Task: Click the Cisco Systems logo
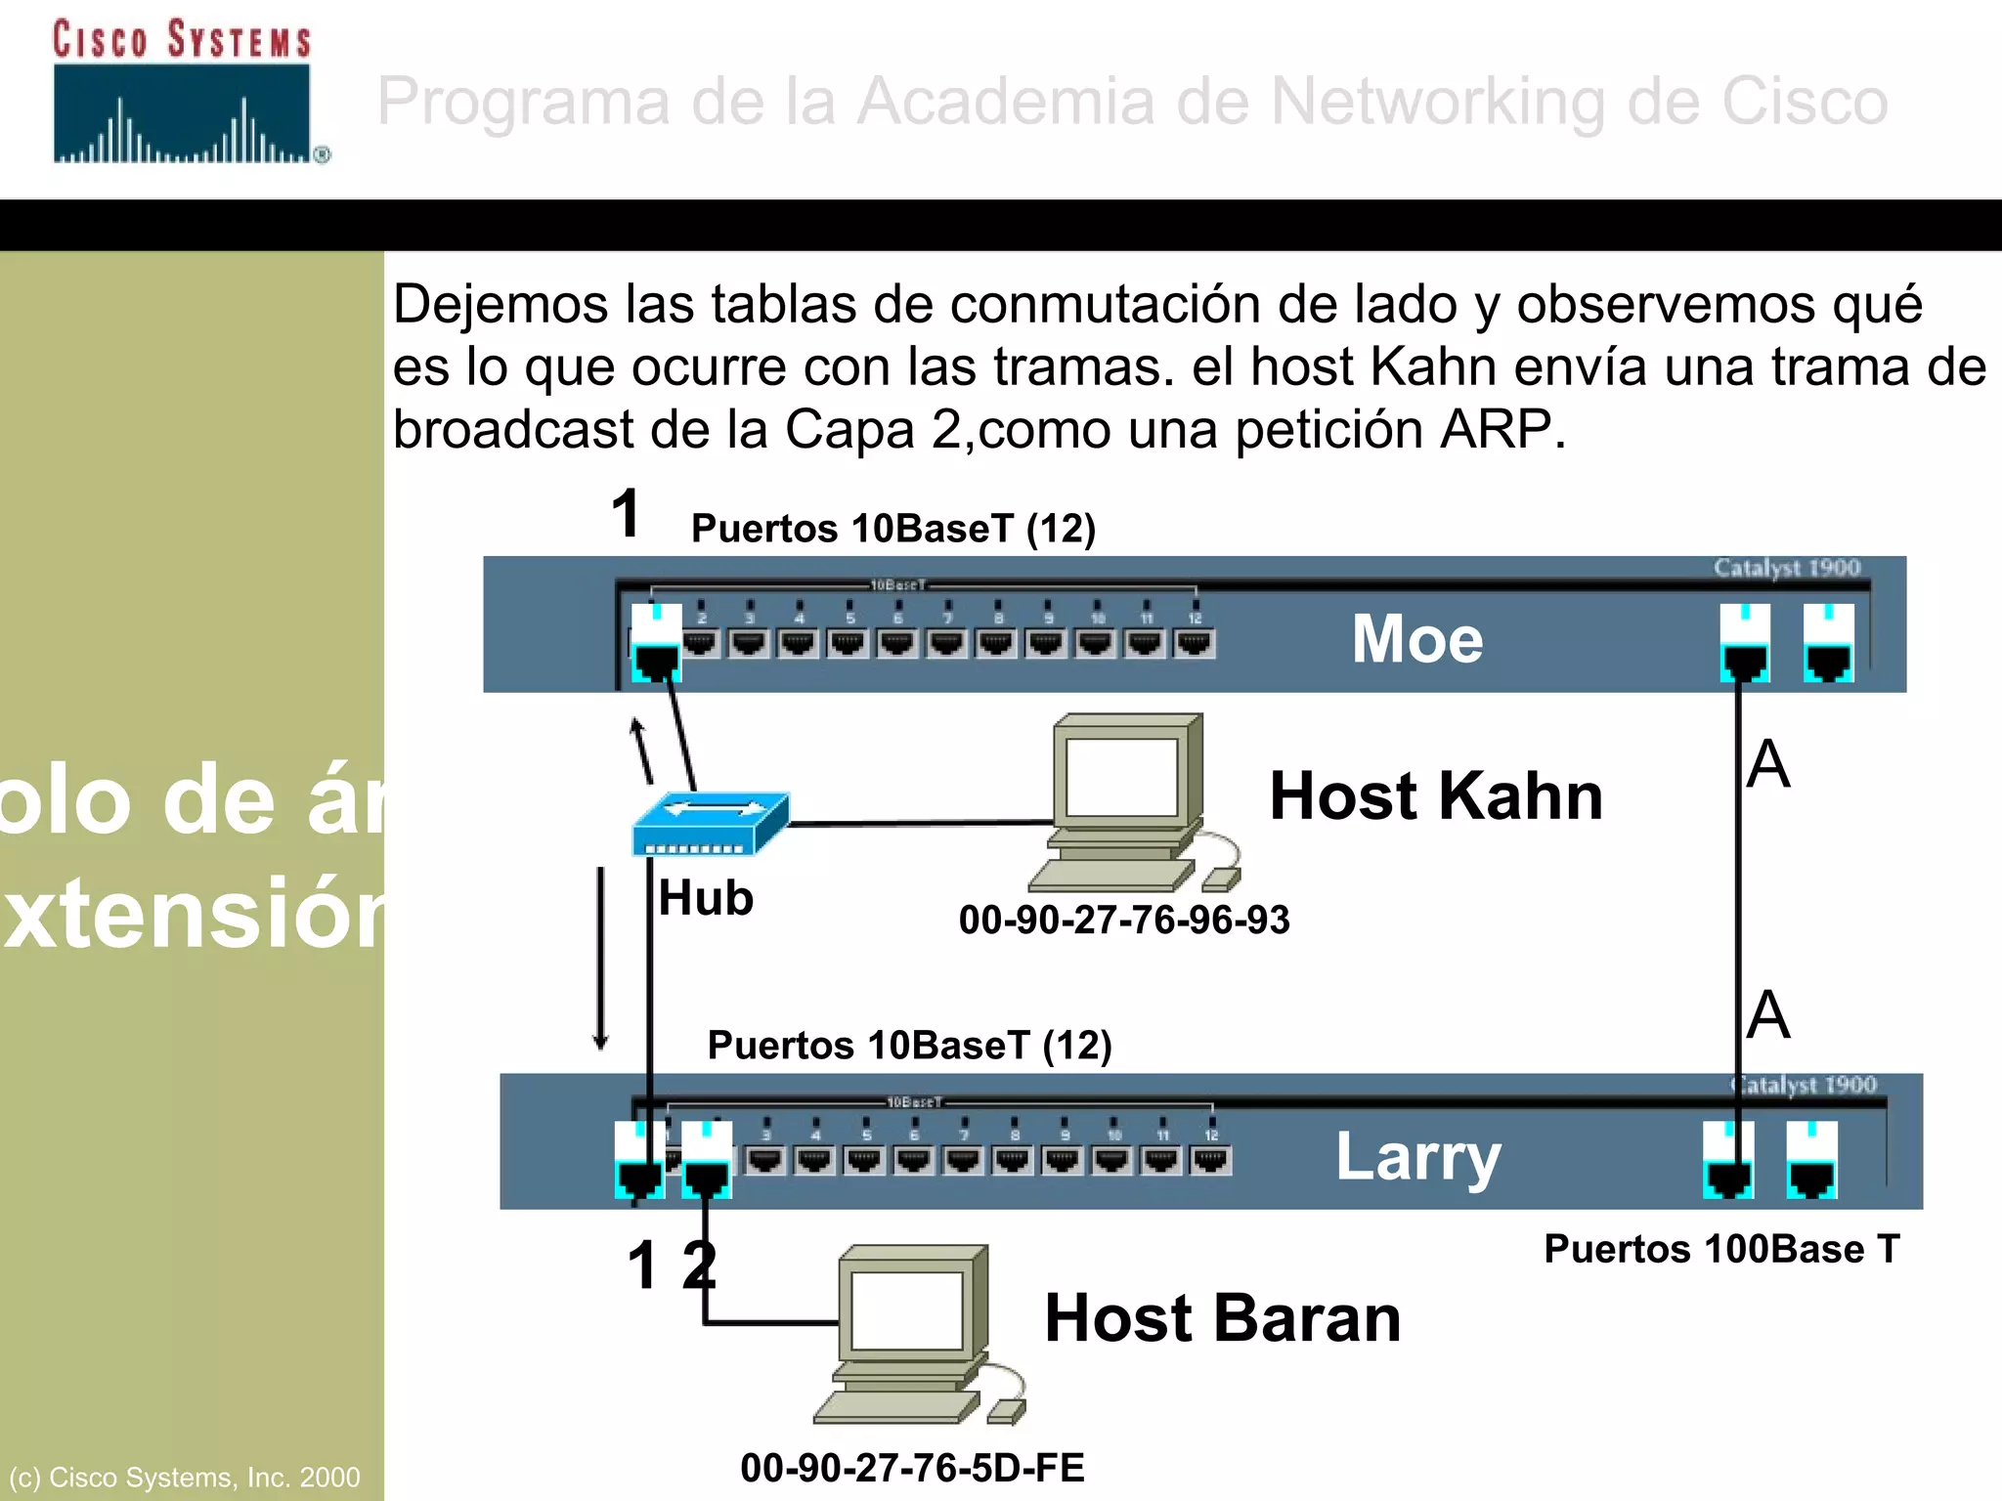click(x=186, y=93)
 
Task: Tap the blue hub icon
click(x=710, y=823)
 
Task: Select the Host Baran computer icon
click(x=915, y=1335)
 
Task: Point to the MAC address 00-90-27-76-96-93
click(x=1124, y=921)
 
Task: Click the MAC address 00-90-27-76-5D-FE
click(x=912, y=1468)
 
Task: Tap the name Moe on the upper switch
click(x=1417, y=639)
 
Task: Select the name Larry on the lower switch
click(x=1417, y=1157)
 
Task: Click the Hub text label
click(x=706, y=898)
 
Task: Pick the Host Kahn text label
click(x=1436, y=795)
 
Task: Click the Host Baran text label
click(x=1223, y=1318)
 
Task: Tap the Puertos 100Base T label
click(x=1721, y=1249)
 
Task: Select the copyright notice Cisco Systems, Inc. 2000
click(x=185, y=1477)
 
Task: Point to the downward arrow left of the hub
click(x=601, y=958)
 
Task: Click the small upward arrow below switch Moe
click(x=641, y=750)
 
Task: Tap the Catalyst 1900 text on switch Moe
click(x=1786, y=568)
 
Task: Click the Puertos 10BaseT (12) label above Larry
click(x=909, y=1046)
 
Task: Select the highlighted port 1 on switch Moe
click(x=655, y=642)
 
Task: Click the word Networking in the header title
click(x=1437, y=101)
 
